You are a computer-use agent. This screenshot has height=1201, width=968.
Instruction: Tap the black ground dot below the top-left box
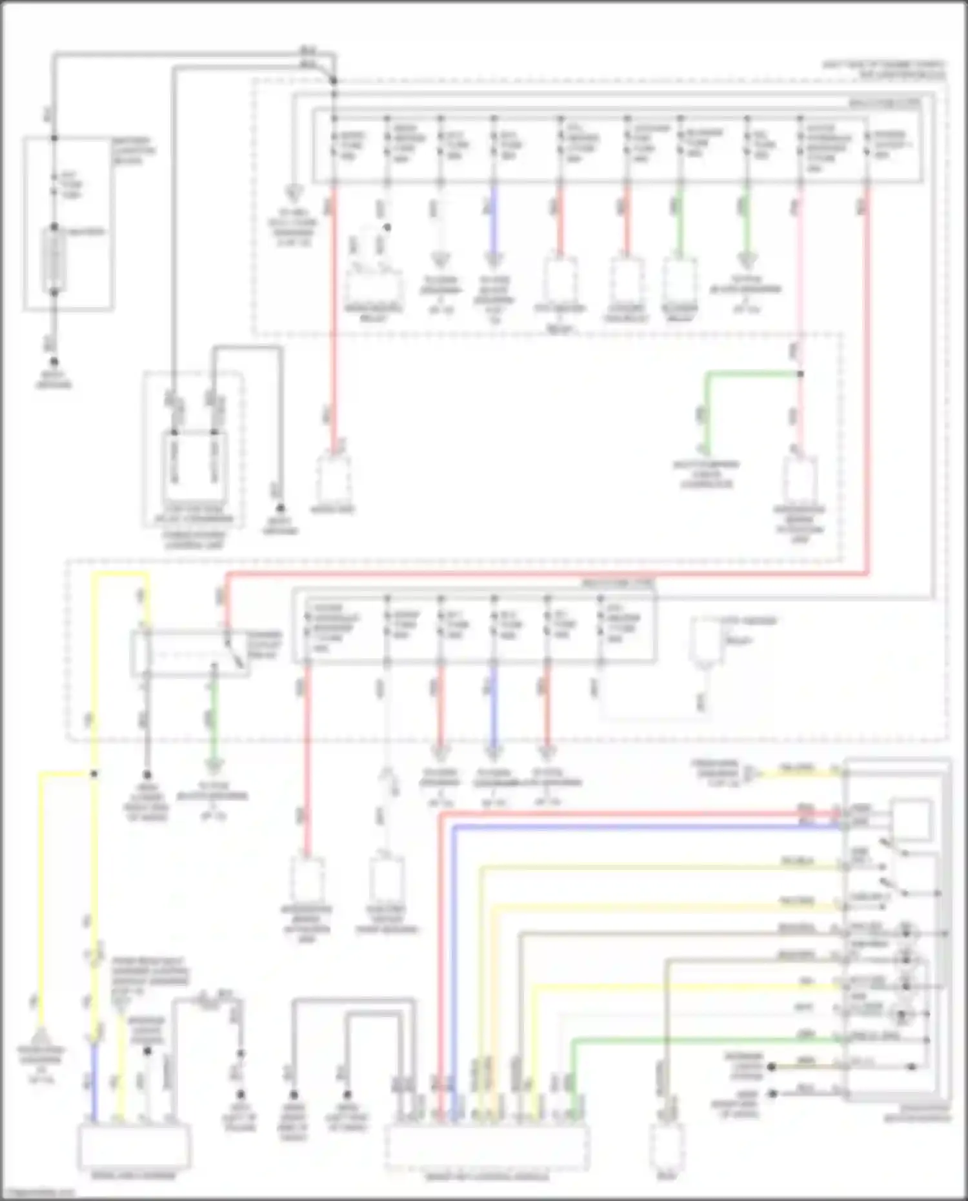(x=54, y=363)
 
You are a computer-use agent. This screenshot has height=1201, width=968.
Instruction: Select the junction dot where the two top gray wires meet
(x=334, y=81)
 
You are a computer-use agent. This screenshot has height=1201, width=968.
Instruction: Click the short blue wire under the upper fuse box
(x=494, y=219)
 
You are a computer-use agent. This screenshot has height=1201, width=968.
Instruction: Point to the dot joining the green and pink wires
(x=800, y=374)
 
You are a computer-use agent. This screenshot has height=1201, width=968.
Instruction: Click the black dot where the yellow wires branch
(x=94, y=773)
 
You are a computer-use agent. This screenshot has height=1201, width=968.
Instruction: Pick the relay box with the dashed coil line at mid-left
(x=190, y=653)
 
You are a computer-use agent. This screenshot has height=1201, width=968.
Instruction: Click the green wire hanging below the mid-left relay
(x=214, y=716)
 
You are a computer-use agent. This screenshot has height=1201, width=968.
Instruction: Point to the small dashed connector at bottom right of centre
(x=667, y=1142)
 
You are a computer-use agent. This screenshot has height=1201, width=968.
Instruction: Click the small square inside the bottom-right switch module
(x=911, y=819)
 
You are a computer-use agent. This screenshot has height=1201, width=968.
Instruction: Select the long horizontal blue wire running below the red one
(x=645, y=827)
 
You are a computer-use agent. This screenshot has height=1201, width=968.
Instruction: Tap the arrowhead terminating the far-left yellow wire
(x=40, y=1036)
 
